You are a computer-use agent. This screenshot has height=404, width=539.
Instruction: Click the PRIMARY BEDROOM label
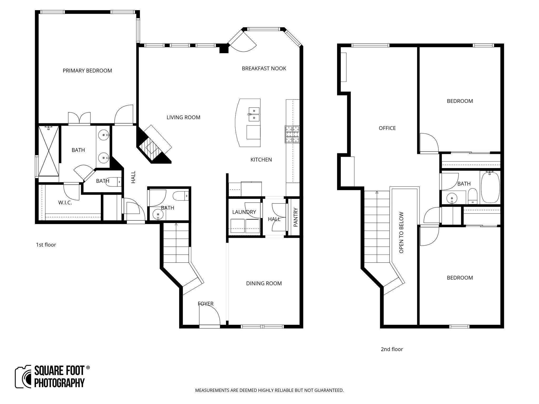point(87,70)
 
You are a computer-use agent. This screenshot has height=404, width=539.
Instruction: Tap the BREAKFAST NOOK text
point(264,68)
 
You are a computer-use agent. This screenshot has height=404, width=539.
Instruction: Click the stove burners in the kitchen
point(292,134)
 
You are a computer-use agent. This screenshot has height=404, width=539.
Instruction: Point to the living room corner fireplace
point(154,145)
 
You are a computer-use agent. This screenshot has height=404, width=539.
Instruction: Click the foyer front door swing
point(209,316)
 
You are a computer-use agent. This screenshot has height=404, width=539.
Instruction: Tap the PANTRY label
point(295,217)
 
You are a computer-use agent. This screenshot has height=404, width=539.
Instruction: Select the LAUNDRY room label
point(244,212)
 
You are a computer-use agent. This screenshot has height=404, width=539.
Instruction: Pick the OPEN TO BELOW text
point(401,233)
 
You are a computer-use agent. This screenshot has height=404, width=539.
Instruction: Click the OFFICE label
point(387,128)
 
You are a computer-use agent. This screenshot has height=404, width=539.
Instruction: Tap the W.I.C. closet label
point(65,203)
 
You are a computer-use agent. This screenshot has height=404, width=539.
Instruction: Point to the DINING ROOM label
point(264,283)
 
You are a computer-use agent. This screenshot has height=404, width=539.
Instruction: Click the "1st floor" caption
point(46,245)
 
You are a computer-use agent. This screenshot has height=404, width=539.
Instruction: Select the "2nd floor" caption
point(392,349)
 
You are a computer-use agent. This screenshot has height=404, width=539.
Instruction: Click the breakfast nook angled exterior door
point(242,42)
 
